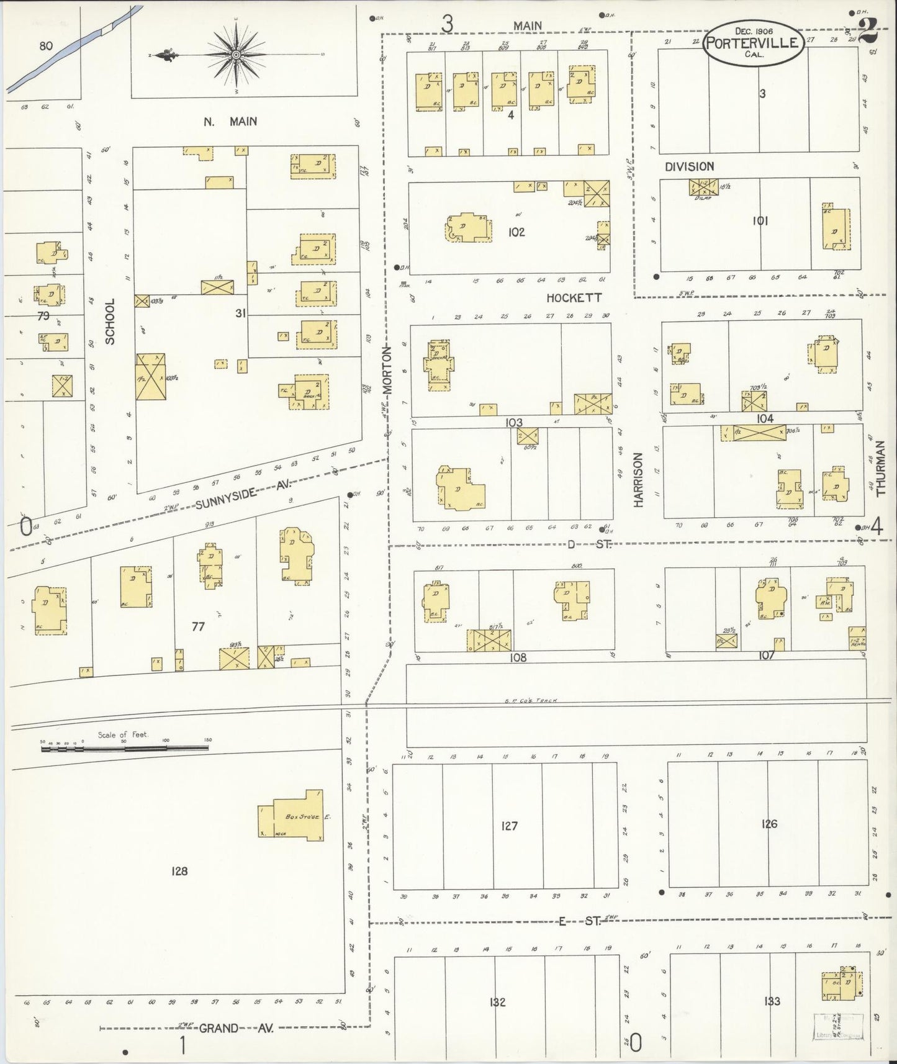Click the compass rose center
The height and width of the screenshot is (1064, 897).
tap(237, 55)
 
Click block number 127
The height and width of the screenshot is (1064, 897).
tap(509, 826)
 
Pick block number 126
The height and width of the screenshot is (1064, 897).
tap(769, 824)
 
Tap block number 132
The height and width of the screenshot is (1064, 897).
tap(497, 1001)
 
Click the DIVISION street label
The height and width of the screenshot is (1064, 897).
tap(689, 166)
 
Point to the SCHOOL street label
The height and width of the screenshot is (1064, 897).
tap(110, 321)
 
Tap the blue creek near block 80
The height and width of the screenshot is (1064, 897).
tap(68, 50)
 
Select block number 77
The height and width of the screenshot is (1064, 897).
tap(198, 626)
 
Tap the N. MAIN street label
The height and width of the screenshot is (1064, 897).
tap(230, 121)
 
